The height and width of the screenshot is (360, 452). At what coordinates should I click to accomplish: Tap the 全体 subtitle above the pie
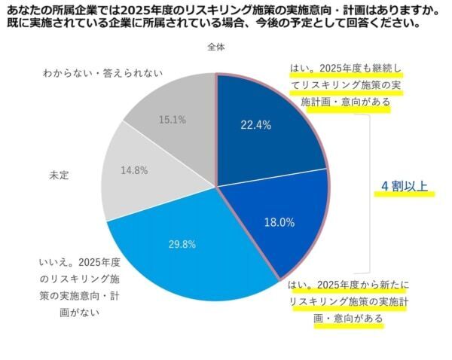point(216,47)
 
